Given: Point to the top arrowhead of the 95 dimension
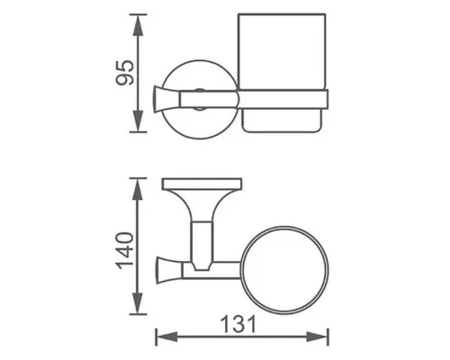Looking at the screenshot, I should pyautogui.click(x=138, y=20).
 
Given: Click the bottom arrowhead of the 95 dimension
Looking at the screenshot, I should pyautogui.click(x=138, y=125).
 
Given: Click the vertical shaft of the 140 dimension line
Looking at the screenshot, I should pyautogui.click(x=138, y=270).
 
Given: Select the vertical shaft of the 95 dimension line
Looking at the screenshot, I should pyautogui.click(x=138, y=90).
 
